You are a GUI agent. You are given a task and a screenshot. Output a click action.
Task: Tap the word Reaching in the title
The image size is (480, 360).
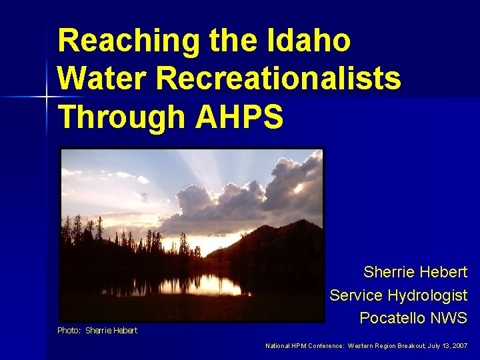126,41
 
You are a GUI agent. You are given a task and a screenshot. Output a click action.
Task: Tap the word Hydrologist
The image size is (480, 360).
429,295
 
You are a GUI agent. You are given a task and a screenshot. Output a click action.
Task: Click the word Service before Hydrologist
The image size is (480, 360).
356,295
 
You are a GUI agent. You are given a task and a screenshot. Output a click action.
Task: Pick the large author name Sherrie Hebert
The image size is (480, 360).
415,272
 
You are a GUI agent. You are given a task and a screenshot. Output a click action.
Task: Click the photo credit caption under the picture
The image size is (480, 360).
97,331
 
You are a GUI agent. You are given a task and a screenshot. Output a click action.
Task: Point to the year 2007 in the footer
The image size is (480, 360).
459,346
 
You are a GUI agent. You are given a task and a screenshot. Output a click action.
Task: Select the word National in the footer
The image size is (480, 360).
278,346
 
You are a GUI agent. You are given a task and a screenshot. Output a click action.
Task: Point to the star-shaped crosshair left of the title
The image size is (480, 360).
47,97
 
